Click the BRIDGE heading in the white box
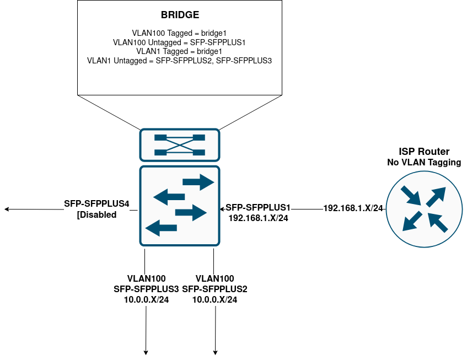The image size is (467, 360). click(180, 15)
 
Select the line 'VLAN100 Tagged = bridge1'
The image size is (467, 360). click(180, 33)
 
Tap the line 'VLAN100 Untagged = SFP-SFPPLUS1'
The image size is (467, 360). click(180, 42)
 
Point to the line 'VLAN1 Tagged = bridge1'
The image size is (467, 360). click(180, 51)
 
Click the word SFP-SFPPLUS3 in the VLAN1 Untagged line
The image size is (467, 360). click(244, 61)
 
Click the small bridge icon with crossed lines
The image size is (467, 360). click(180, 145)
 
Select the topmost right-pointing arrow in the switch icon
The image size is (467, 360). click(198, 182)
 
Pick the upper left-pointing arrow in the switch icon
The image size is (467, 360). click(169, 197)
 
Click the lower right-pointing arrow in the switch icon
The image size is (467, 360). click(191, 212)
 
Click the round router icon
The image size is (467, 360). click(424, 209)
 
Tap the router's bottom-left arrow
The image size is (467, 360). click(412, 221)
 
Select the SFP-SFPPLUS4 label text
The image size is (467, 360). click(97, 203)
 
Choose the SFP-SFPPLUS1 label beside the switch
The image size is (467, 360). click(258, 207)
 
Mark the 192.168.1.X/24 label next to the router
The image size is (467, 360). click(353, 208)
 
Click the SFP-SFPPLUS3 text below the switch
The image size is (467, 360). click(146, 289)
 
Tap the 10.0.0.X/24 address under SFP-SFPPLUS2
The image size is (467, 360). click(214, 299)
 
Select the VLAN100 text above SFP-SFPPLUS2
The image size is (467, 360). click(214, 279)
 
